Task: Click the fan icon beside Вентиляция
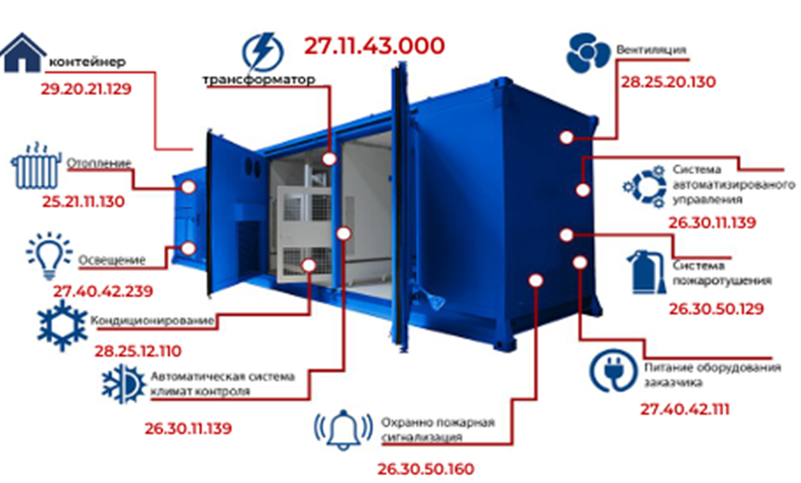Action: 588,52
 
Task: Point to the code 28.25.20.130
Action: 668,82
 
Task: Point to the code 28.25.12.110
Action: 137,351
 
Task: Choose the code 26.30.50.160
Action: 425,468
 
